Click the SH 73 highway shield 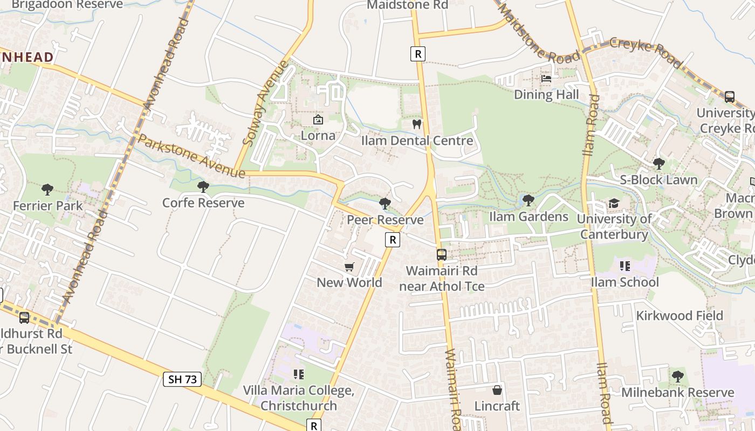(182, 379)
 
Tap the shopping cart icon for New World (349, 267)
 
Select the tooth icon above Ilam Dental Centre (416, 124)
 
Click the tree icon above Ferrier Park (47, 189)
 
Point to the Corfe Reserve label (203, 203)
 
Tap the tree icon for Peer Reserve (385, 203)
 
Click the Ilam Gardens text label (528, 217)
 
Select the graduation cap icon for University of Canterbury (614, 203)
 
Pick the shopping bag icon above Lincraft (497, 390)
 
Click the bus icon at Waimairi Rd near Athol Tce (442, 254)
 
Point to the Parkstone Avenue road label (191, 156)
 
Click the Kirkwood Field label (679, 316)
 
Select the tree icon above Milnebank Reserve (678, 376)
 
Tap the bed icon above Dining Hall (546, 79)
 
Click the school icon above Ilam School (625, 266)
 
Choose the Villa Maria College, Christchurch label (298, 398)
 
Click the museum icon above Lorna (318, 120)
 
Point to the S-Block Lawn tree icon (658, 163)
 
